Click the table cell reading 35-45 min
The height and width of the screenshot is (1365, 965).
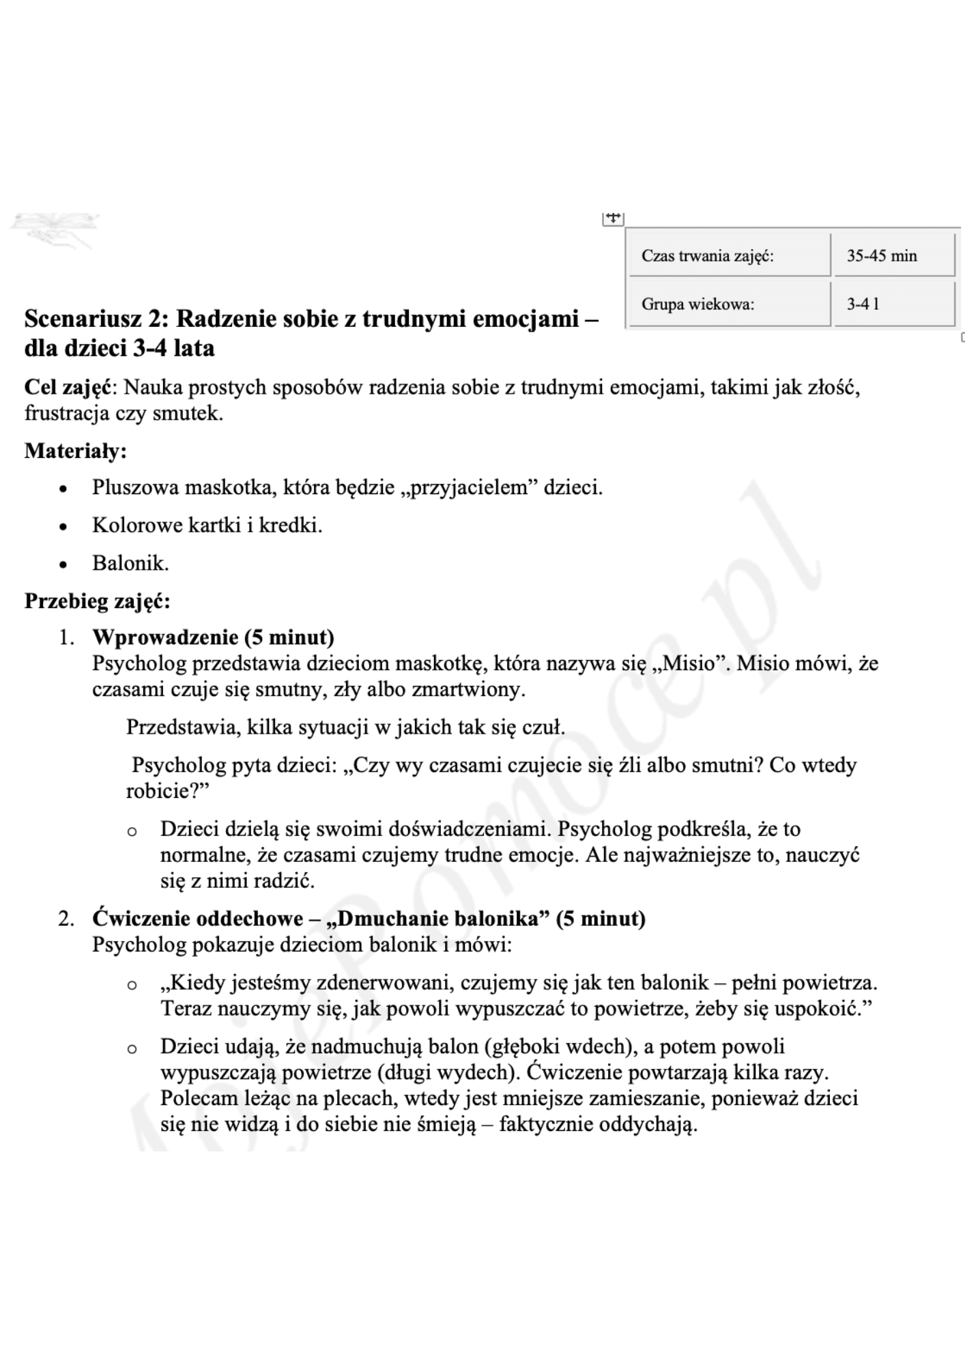pyautogui.click(x=893, y=256)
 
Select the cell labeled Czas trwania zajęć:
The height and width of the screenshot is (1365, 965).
pyautogui.click(x=730, y=256)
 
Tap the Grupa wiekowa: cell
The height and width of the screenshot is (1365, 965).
pyautogui.click(x=730, y=304)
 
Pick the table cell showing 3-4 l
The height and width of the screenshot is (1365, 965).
pyautogui.click(x=893, y=304)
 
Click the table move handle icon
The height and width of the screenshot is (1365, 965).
pyautogui.click(x=613, y=218)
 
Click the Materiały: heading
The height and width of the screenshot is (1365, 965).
pyautogui.click(x=76, y=451)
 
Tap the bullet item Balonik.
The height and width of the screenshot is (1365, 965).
pyautogui.click(x=130, y=564)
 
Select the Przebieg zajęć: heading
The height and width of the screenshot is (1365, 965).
pyautogui.click(x=97, y=601)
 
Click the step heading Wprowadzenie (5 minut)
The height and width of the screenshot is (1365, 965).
pyautogui.click(x=213, y=637)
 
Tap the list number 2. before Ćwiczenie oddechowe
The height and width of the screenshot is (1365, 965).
pyautogui.click(x=66, y=919)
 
